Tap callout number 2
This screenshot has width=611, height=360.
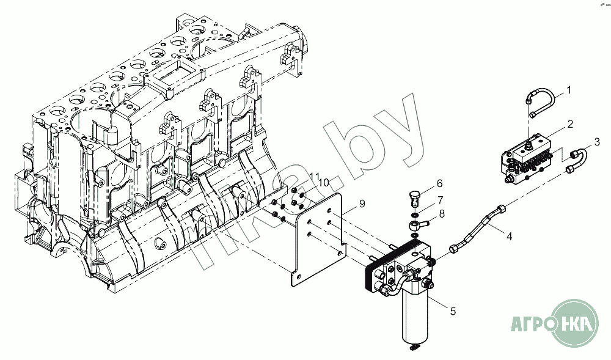coord(569,123)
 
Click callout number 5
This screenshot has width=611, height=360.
coord(453,312)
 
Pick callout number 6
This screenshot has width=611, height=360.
coord(439,183)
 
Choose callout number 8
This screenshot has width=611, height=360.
coord(442,214)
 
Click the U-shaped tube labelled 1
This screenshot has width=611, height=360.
coord(541,101)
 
